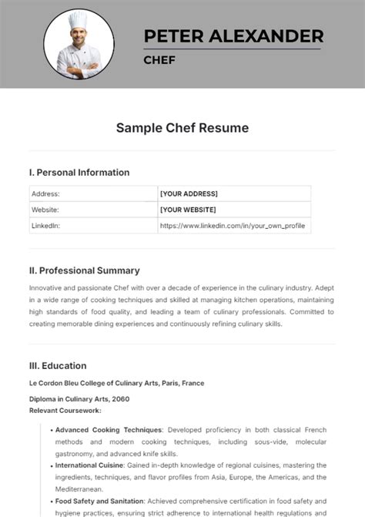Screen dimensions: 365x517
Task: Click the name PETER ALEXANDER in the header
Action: click(x=233, y=36)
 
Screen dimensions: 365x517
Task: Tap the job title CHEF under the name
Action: click(x=159, y=59)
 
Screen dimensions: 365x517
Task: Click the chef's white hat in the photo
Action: click(x=79, y=20)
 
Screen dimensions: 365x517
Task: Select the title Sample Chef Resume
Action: click(x=182, y=128)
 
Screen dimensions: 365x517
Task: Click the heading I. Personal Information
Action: click(x=79, y=173)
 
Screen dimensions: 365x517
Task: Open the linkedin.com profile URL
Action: click(x=233, y=226)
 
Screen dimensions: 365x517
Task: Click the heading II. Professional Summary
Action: click(x=85, y=270)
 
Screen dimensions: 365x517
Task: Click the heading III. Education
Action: click(x=58, y=366)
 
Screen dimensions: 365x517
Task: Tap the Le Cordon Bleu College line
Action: click(x=116, y=383)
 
